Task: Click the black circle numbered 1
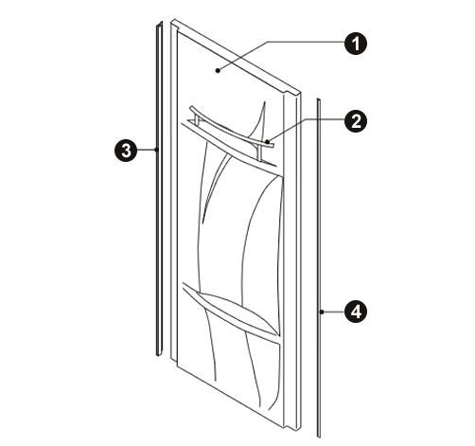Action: (x=356, y=44)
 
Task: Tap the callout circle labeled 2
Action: (x=356, y=121)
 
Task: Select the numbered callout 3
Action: (x=126, y=150)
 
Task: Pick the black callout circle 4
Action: (x=356, y=312)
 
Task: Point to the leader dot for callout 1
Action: (x=218, y=70)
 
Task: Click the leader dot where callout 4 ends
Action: (x=322, y=312)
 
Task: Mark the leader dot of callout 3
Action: (x=156, y=150)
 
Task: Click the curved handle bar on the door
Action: (x=232, y=128)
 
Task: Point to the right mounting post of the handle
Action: (x=260, y=153)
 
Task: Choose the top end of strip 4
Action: (x=319, y=99)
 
